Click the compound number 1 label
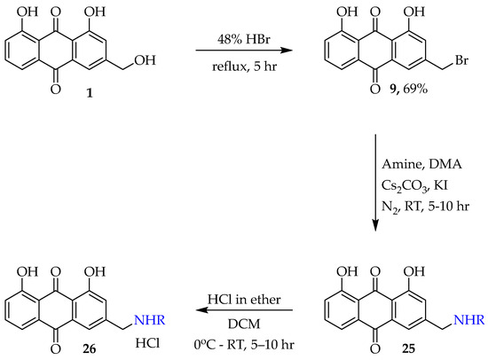(90, 92)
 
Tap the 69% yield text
(415, 90)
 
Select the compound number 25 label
(408, 348)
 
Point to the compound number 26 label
(89, 349)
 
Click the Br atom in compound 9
(461, 60)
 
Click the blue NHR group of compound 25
(469, 320)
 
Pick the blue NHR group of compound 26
(149, 320)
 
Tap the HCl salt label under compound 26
(147, 343)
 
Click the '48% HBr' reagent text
(244, 40)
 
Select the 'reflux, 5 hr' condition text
(244, 67)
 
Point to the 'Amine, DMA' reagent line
(421, 164)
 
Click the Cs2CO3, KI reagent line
(414, 185)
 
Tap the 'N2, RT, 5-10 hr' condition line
(425, 207)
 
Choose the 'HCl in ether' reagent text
(244, 300)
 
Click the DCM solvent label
(244, 324)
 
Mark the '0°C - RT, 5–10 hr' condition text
(244, 344)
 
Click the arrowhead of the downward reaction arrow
(375, 225)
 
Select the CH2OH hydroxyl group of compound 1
(145, 60)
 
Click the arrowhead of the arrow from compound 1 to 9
(287, 50)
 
